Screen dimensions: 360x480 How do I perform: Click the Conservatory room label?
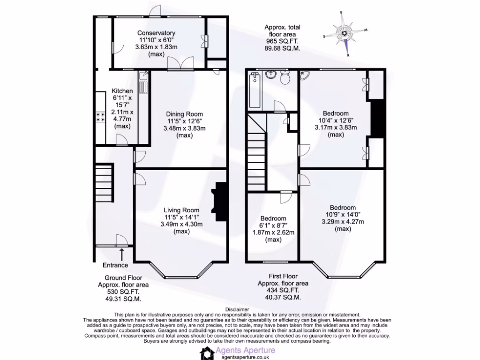tap(156, 33)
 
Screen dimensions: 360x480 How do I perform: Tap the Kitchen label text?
tap(122, 91)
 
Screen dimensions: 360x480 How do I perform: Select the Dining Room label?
tap(185, 114)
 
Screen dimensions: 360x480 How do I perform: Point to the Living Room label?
tap(181, 210)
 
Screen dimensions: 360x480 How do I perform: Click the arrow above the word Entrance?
tap(122, 255)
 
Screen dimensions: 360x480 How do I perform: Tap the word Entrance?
tap(115, 265)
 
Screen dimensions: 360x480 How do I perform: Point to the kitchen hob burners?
tap(101, 117)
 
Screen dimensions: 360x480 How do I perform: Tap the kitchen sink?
tap(143, 75)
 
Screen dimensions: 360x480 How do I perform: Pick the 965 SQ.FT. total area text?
tap(282, 41)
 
